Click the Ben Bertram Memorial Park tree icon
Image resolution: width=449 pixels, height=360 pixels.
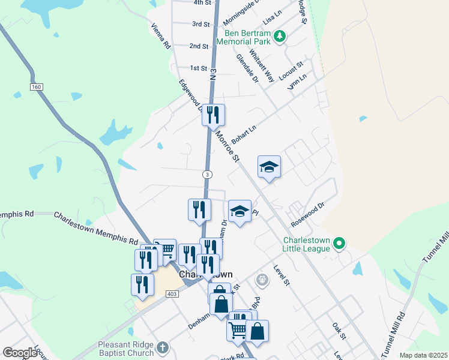279,37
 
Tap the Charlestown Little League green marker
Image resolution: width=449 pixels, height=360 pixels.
339,244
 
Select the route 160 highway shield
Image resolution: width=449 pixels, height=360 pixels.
37,87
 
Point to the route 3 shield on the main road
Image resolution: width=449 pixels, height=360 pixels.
206,174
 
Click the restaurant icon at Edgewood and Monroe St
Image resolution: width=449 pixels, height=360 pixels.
213,115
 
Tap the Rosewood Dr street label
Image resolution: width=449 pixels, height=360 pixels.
307,214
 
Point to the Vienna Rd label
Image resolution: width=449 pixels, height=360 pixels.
161,36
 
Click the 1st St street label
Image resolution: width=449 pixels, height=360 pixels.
198,68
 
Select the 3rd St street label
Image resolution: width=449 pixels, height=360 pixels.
200,25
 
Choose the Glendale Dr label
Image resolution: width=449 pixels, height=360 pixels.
247,68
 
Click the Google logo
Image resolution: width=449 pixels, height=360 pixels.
20,353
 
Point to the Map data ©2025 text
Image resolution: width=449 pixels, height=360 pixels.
423,355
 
